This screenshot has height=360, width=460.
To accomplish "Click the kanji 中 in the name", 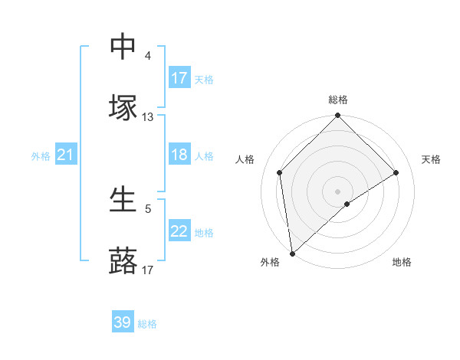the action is (123, 47).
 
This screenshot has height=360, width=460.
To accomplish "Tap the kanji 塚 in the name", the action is (123, 108).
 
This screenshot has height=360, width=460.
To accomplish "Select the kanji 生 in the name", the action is (123, 200).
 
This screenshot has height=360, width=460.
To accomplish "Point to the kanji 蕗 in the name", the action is (123, 261).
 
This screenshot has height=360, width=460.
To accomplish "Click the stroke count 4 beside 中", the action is (148, 56).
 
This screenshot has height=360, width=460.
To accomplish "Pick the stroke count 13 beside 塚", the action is (148, 117).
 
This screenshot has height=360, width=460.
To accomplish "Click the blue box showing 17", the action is (179, 78).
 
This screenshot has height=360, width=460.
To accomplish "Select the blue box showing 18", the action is (179, 155).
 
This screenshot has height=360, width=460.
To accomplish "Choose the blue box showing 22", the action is (179, 231).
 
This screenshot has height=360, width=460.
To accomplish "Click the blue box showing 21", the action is (66, 155).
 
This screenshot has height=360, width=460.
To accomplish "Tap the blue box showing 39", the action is (123, 322).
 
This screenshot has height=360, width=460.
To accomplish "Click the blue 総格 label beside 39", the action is (147, 324).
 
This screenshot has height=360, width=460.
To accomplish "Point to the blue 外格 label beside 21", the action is (41, 156).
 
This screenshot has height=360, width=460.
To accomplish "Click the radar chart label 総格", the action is (338, 100).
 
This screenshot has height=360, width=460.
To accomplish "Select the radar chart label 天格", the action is (432, 159).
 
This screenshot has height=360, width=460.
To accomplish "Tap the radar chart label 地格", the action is (402, 262).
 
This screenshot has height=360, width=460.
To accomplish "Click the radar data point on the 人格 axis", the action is (280, 172).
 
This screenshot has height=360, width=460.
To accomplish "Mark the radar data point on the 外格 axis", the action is (292, 254).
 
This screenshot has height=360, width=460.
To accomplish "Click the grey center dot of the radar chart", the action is (338, 191).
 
